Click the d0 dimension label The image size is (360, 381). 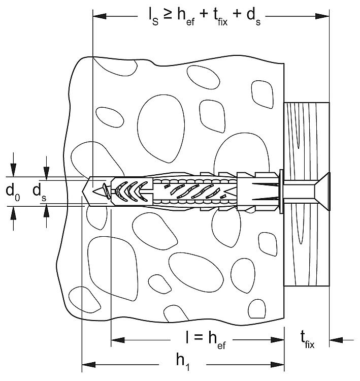[13, 192]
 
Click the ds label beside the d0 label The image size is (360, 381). [40, 192]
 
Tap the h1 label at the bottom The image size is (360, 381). [183, 362]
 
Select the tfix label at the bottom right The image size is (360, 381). [307, 340]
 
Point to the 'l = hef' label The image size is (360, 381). [206, 340]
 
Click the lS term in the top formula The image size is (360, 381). [153, 16]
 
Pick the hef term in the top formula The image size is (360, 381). [186, 16]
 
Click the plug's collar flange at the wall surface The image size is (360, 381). [281, 192]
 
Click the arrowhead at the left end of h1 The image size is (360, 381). [88, 364]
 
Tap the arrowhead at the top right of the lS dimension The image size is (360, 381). [322, 16]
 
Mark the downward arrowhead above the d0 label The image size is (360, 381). [13, 170]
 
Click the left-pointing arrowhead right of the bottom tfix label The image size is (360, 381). [336, 340]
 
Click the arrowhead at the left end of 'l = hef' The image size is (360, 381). [118, 340]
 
